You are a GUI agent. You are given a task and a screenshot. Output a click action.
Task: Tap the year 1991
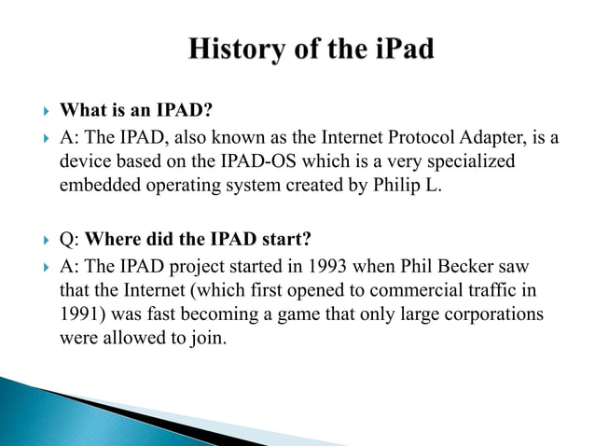(78, 313)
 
